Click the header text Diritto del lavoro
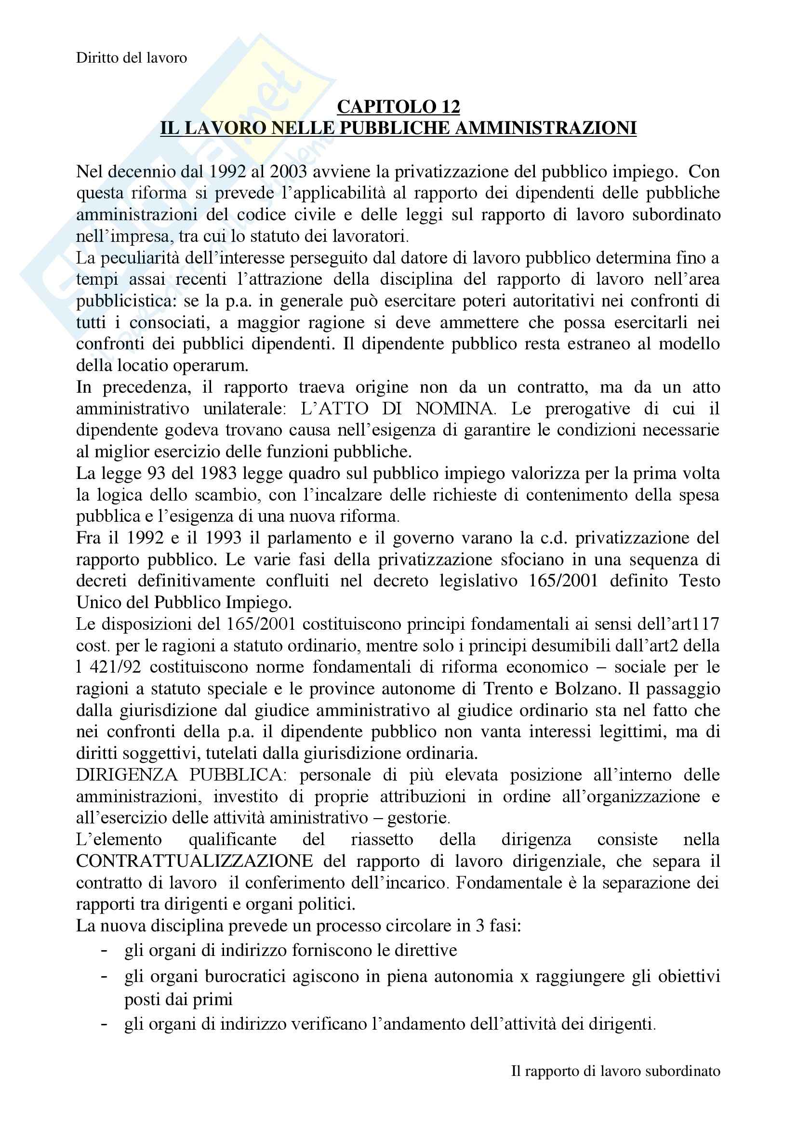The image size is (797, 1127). coord(132,58)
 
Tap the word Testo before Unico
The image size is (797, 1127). coord(699,581)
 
